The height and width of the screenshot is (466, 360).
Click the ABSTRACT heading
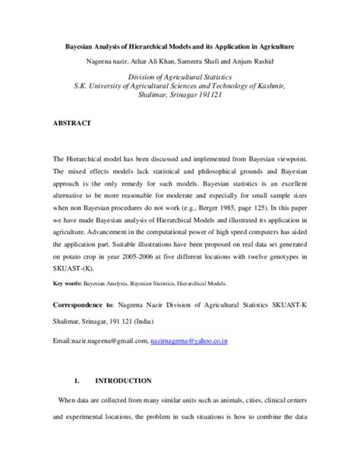coord(72,122)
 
